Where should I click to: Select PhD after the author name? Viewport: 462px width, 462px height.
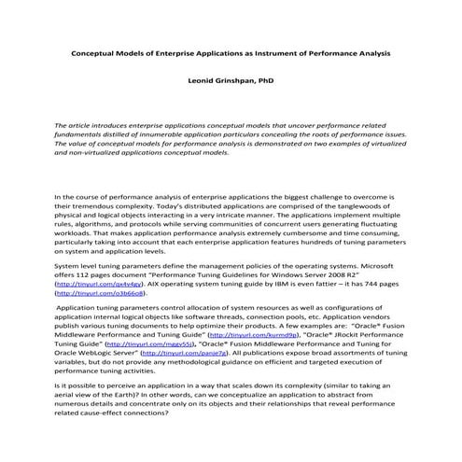(264, 80)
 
